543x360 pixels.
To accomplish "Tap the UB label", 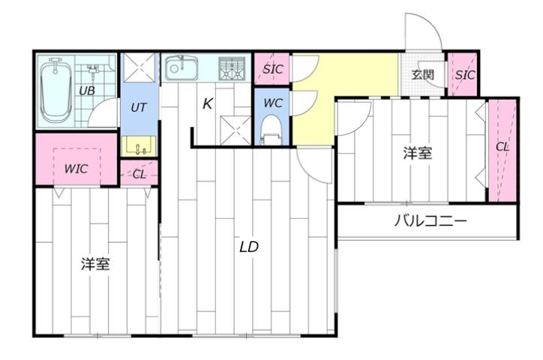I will coord(88,91).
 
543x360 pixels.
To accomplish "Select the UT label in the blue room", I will coord(138,107).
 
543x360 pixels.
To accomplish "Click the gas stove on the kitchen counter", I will coord(232,68).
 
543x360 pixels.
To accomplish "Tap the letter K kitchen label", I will coord(208,104).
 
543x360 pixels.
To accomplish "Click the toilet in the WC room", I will coord(270,127).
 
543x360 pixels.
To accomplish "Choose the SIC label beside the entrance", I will coord(465,75).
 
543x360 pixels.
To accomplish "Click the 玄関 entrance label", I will coord(423,74).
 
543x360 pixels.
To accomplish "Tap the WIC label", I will coord(75,169).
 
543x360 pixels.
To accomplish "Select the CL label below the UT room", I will coord(139,174).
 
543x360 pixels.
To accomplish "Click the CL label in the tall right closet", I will coord(502,147).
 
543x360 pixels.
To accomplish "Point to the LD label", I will coord(250,247).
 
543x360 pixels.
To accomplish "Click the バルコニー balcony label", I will coord(430,221).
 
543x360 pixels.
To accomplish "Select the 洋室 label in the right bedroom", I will coord(417,153).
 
